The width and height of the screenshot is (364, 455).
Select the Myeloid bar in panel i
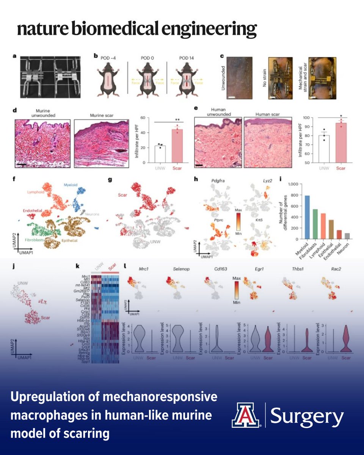296,217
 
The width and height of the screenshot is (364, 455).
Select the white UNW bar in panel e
323,149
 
